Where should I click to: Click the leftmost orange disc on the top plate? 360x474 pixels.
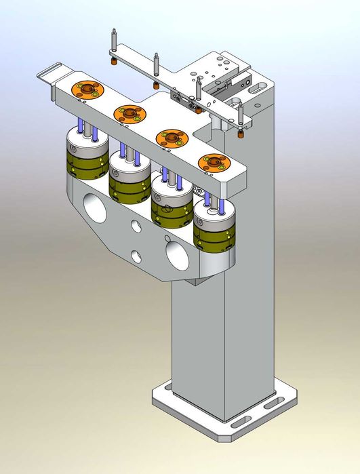pos(87,90)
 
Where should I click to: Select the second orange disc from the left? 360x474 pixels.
pos(129,113)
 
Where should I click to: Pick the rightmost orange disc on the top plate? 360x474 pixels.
pos(213,163)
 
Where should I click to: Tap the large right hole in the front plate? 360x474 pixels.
pos(178,256)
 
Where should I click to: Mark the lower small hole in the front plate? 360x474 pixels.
pos(138,255)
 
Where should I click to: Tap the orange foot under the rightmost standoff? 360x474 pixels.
pos(241,133)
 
